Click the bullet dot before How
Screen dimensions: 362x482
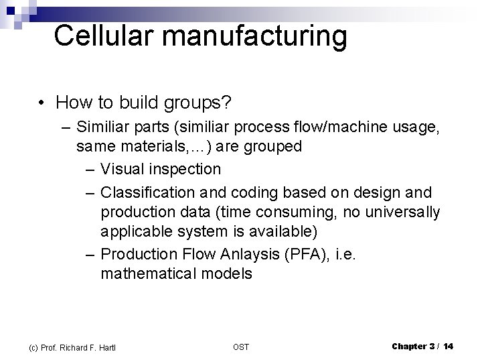(42, 103)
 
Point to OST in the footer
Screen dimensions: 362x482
(241, 347)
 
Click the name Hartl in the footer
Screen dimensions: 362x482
(108, 347)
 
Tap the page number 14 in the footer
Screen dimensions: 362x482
(448, 346)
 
